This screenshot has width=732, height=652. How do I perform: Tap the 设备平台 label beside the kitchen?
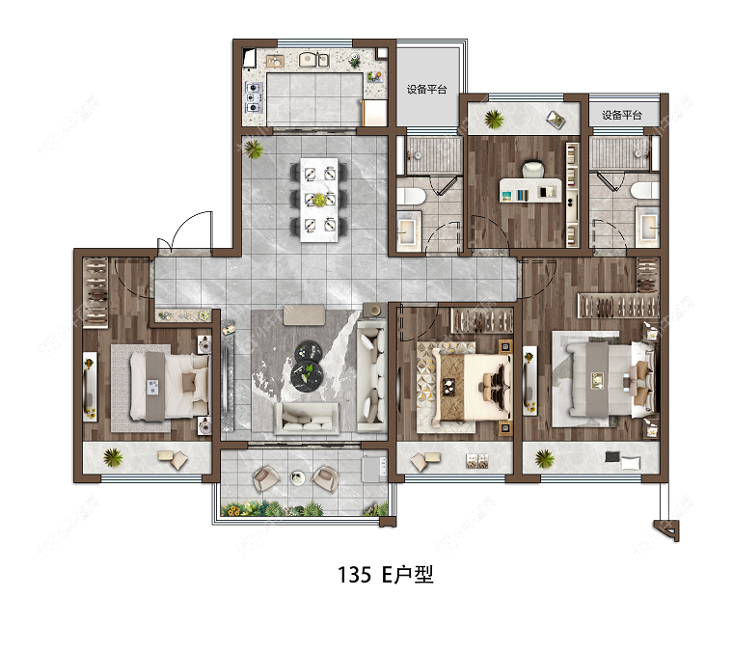pyautogui.click(x=426, y=90)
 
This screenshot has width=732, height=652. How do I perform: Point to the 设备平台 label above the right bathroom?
pyautogui.click(x=622, y=115)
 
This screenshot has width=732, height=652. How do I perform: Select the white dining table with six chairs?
pyautogui.click(x=319, y=199)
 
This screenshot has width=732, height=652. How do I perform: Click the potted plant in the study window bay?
pyautogui.click(x=494, y=120)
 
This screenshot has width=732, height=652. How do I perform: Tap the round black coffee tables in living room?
pyautogui.click(x=311, y=361)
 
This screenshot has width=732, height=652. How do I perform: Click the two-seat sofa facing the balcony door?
pyautogui.click(x=307, y=417)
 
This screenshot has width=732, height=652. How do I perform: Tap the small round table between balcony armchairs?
pyautogui.click(x=297, y=478)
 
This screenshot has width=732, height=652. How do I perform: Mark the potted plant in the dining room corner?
pyautogui.click(x=255, y=149)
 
